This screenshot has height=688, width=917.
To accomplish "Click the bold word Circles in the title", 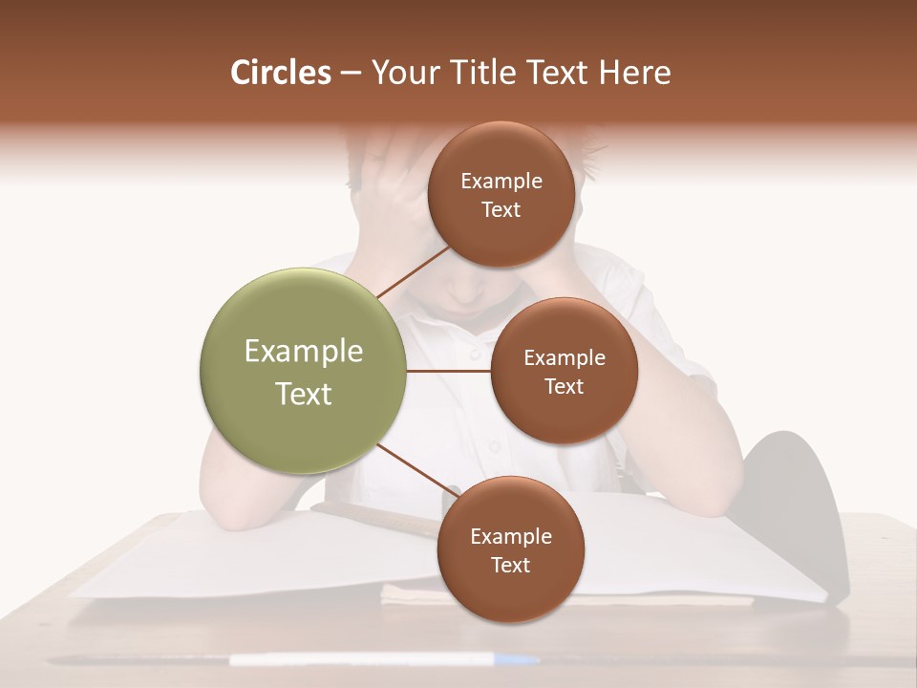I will click(x=280, y=73).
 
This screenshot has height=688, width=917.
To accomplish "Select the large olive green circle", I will click(x=304, y=371).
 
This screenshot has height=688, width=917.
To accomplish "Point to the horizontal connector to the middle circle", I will click(x=449, y=371).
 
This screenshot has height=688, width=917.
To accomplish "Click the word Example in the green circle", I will click(x=304, y=351).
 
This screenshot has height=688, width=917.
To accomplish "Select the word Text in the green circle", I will click(x=304, y=394).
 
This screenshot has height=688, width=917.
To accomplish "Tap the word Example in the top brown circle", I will click(x=501, y=182).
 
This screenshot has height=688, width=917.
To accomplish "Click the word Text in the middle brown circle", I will click(x=565, y=387).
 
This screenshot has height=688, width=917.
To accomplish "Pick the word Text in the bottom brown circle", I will click(x=511, y=566).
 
